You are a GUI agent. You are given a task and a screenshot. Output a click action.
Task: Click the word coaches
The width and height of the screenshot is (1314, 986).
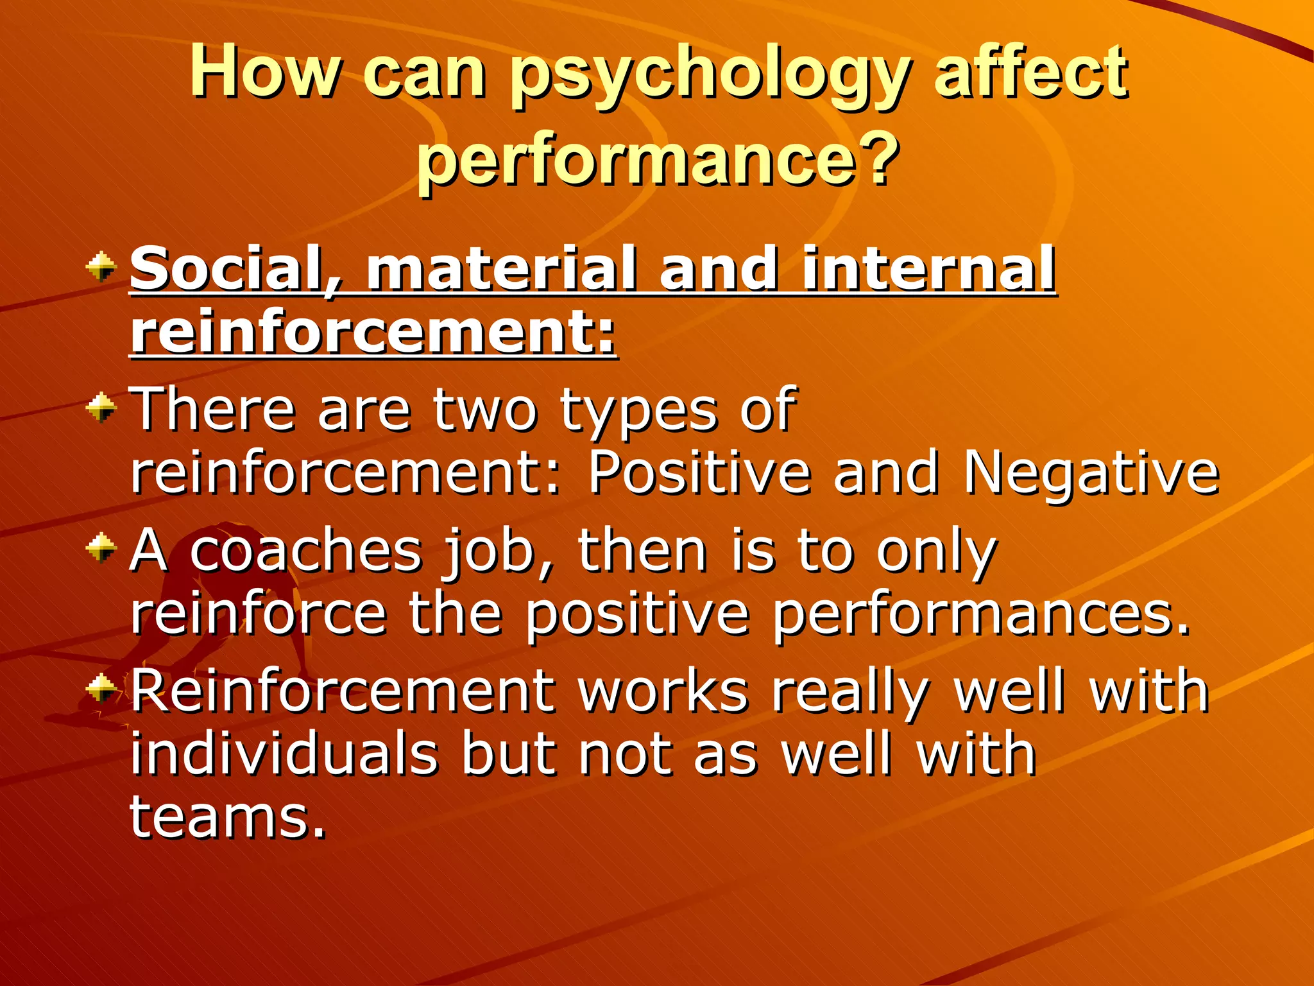306,551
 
